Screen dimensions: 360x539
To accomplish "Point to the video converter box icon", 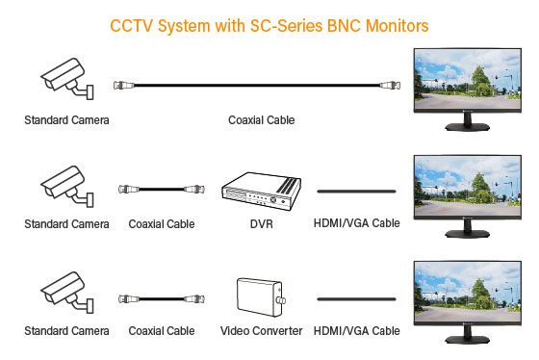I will click(x=259, y=297).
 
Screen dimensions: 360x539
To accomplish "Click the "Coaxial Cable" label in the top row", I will click(x=261, y=120).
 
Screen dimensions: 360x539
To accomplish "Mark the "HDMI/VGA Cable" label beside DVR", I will click(x=356, y=224).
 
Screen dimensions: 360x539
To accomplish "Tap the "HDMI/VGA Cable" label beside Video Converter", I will click(x=356, y=330).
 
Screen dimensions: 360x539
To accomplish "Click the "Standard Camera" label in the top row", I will click(x=66, y=120).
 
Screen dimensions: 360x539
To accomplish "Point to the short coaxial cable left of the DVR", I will click(x=161, y=191).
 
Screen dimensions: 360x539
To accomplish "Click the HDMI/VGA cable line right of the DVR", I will click(x=357, y=192).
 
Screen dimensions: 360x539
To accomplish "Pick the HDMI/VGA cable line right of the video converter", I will click(x=357, y=297).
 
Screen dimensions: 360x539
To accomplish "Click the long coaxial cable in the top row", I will click(x=260, y=86).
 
